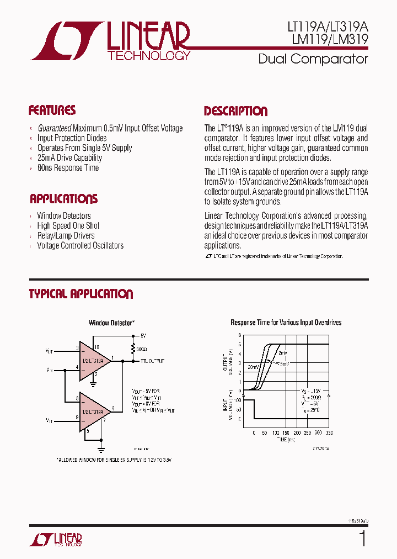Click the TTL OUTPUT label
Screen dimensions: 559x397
click(x=152, y=361)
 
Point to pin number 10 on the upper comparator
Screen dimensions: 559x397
click(x=96, y=347)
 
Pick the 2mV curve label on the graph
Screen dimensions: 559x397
click(x=282, y=352)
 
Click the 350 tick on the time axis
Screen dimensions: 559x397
click(x=330, y=433)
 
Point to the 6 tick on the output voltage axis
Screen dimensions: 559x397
click(x=240, y=335)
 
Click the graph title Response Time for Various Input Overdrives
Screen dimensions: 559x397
click(x=286, y=323)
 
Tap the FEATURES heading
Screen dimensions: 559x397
click(x=52, y=110)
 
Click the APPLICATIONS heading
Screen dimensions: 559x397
click(x=63, y=199)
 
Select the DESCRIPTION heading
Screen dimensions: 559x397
click(x=235, y=111)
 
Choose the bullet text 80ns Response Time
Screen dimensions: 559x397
click(x=68, y=168)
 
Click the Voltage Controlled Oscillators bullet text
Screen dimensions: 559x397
click(x=80, y=246)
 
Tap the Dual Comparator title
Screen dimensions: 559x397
click(x=313, y=59)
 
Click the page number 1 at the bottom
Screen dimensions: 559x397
click(x=362, y=539)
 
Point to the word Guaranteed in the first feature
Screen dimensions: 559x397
click(x=54, y=128)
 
